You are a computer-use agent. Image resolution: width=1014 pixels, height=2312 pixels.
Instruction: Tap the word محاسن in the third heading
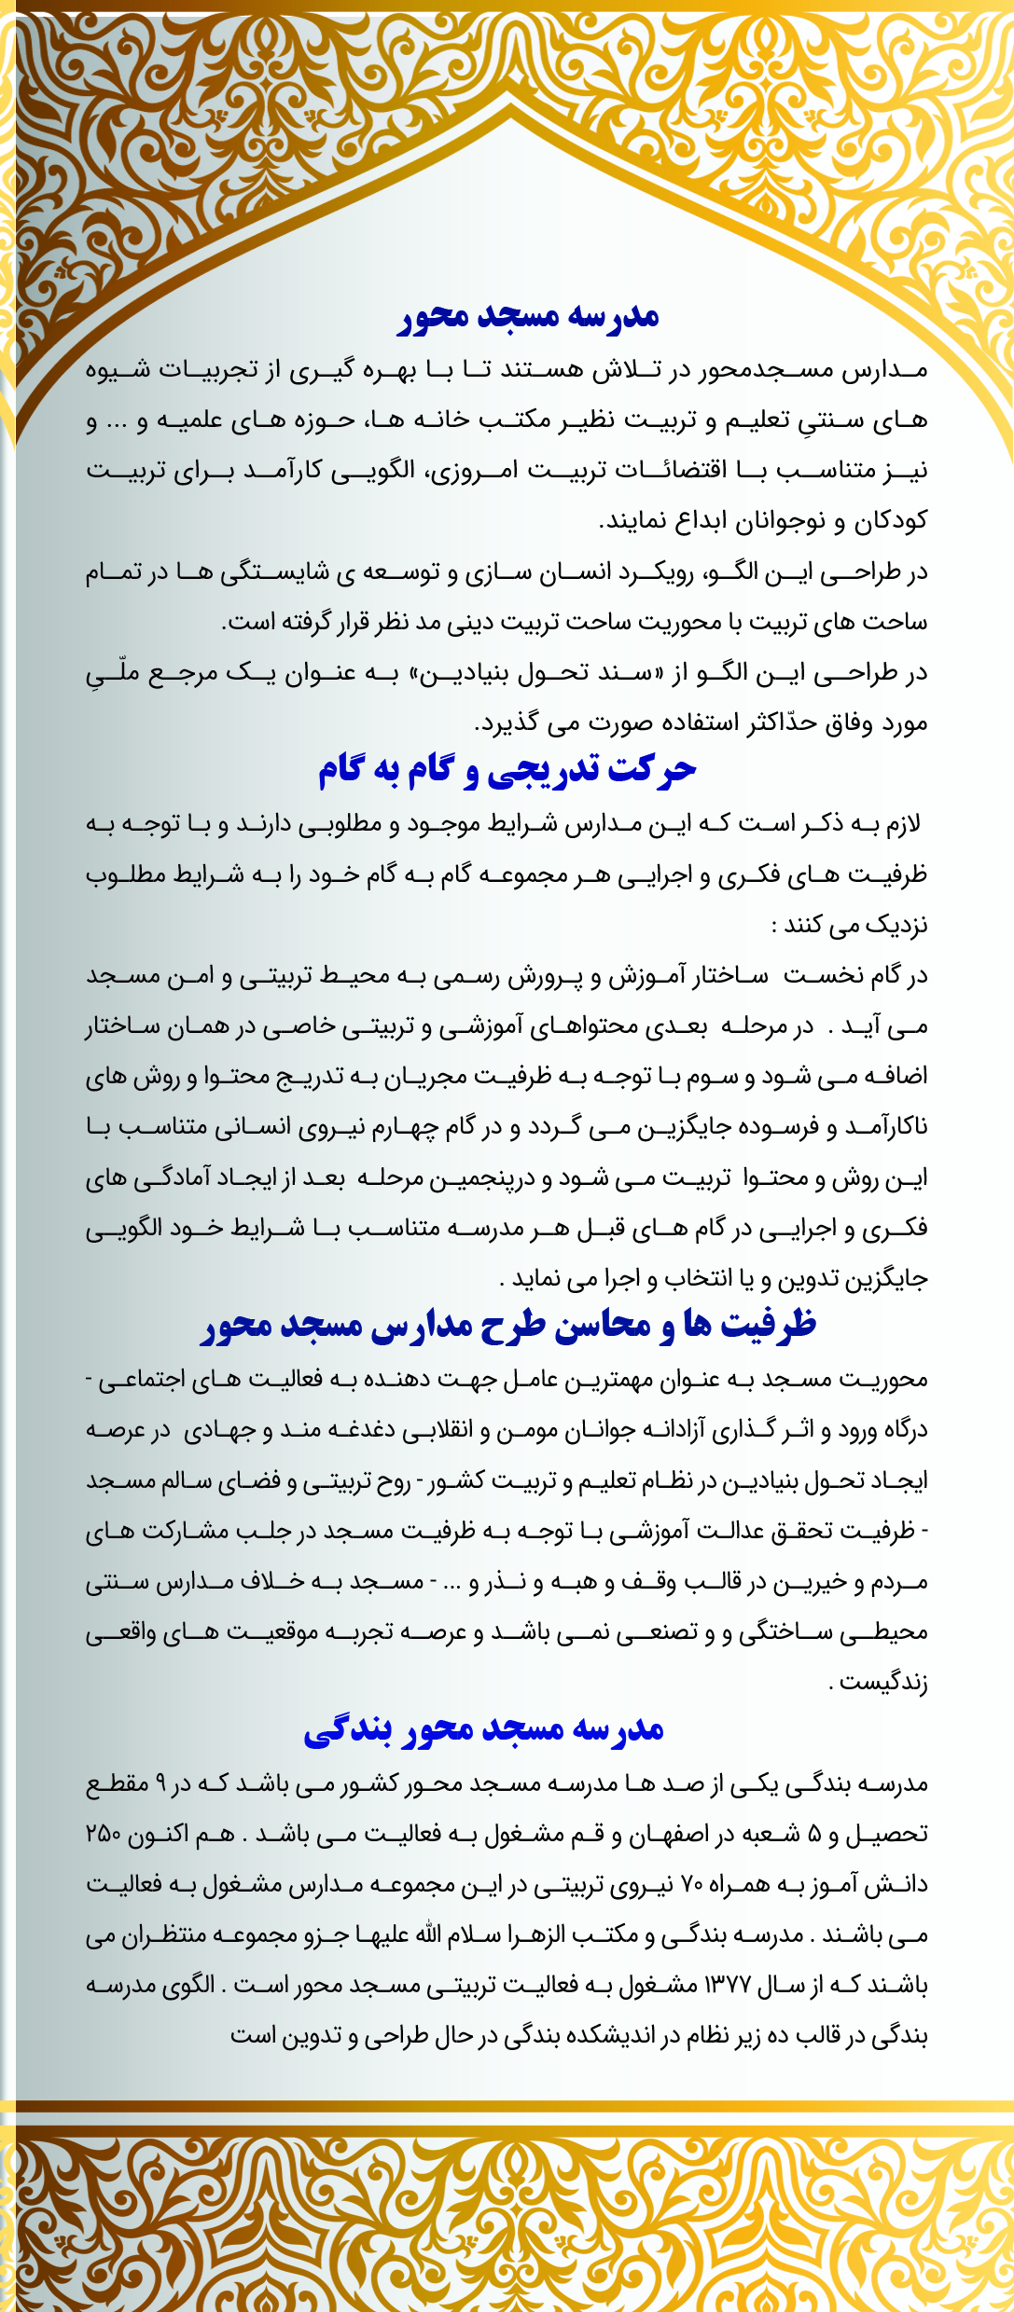tap(600, 1325)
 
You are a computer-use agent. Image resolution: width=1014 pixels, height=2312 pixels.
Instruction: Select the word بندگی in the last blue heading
tap(343, 1730)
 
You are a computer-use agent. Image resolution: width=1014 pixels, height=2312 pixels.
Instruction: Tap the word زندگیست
tap(882, 1683)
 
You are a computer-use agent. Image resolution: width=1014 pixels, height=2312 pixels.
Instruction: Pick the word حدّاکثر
tap(779, 722)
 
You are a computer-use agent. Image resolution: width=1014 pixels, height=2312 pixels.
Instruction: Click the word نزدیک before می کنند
tap(892, 925)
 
